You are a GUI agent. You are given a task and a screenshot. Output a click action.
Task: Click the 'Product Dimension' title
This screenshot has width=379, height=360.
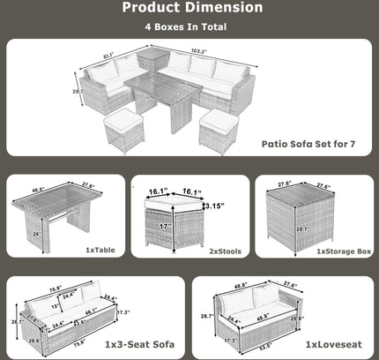click(191, 8)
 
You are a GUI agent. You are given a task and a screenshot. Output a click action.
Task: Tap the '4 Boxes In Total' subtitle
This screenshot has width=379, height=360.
click(190, 27)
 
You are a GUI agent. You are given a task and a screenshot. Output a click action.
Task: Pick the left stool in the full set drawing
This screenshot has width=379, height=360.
click(124, 130)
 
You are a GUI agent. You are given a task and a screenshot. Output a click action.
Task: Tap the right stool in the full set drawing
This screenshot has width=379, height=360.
click(217, 131)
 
